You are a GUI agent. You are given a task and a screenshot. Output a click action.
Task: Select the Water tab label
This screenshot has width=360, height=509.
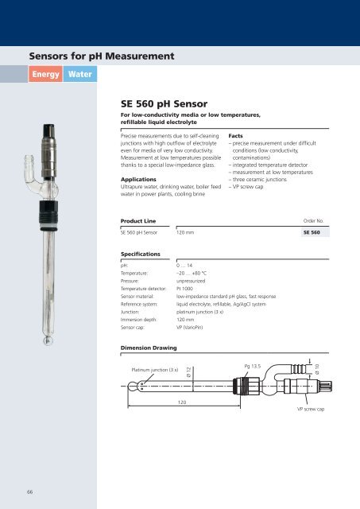(x=79, y=75)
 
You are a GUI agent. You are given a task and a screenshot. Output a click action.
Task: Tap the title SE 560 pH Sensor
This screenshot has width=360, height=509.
(x=164, y=103)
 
